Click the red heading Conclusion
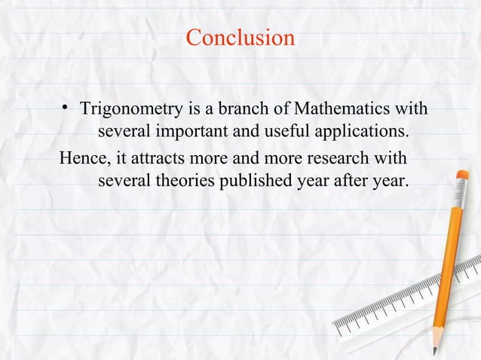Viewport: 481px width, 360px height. (x=240, y=37)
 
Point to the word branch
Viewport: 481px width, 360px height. (x=240, y=111)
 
